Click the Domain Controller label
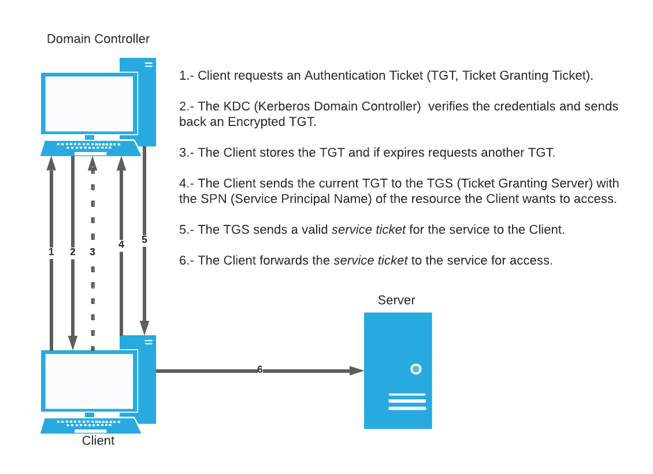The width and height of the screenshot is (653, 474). pyautogui.click(x=98, y=39)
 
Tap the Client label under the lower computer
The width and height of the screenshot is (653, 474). pyautogui.click(x=98, y=440)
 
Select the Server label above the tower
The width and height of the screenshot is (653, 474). pyautogui.click(x=396, y=300)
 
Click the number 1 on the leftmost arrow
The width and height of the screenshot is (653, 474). pyautogui.click(x=51, y=251)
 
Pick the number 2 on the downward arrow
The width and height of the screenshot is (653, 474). pyautogui.click(x=72, y=251)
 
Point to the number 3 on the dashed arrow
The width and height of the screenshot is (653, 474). pyautogui.click(x=92, y=251)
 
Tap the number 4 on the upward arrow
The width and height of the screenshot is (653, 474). pyautogui.click(x=121, y=245)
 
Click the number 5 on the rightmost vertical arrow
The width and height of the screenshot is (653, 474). pyautogui.click(x=144, y=239)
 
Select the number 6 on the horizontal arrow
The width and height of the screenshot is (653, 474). pyautogui.click(x=259, y=369)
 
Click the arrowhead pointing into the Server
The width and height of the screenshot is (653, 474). pyautogui.click(x=357, y=371)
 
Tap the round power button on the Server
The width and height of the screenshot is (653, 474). pyautogui.click(x=415, y=369)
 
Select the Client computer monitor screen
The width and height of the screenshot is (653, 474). pyautogui.click(x=89, y=381)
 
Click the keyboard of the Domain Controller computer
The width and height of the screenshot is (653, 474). pyautogui.click(x=91, y=149)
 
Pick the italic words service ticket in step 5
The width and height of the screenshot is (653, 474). pyautogui.click(x=368, y=229)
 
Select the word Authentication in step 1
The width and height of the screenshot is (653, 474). pyautogui.click(x=344, y=75)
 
